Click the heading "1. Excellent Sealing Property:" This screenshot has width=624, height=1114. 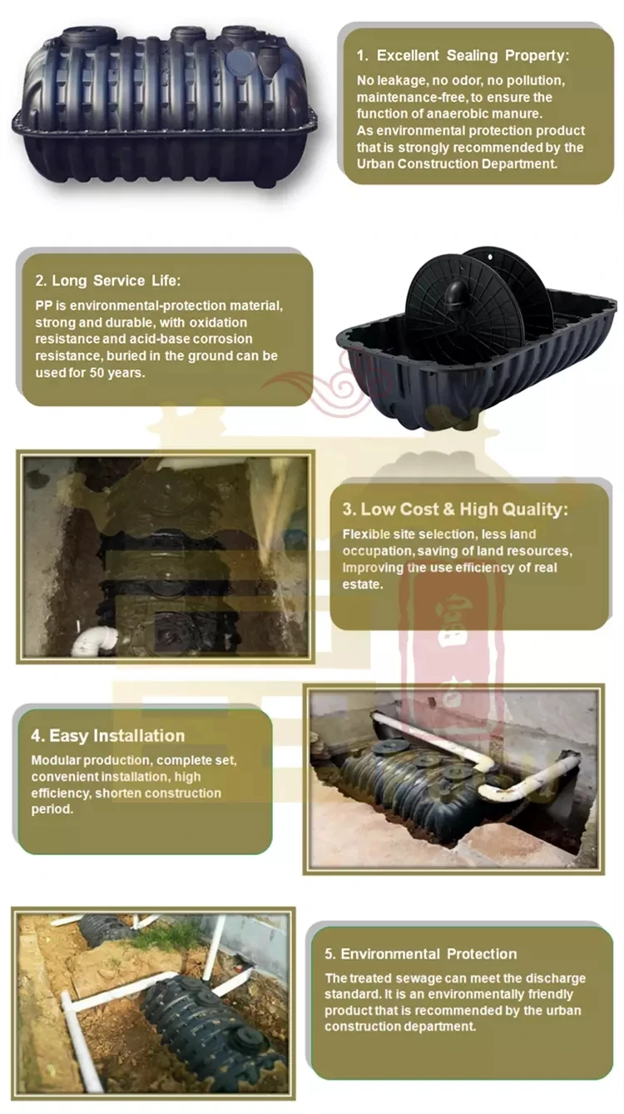(463, 56)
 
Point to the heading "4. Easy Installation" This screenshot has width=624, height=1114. (107, 736)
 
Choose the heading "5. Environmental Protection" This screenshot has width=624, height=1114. (420, 954)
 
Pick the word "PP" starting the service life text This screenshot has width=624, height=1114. (43, 306)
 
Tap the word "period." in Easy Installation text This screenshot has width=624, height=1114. (52, 809)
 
